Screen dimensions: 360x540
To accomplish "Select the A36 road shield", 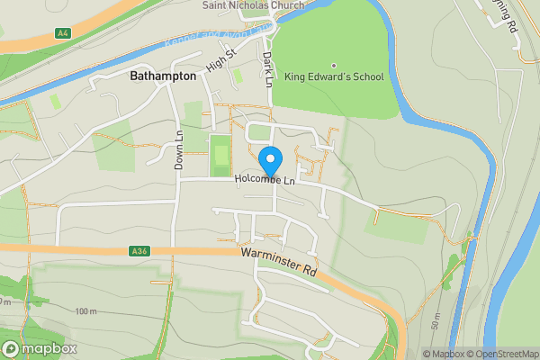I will [x=138, y=251].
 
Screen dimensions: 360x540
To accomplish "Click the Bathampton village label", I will [x=163, y=76].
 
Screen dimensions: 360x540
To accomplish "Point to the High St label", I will [x=219, y=61].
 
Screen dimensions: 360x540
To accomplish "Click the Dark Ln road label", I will [x=267, y=68].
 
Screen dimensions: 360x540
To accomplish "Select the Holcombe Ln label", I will [x=265, y=180].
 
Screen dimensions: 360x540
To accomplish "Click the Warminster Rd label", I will [x=280, y=264].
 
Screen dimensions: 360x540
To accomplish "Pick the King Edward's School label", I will [x=334, y=77].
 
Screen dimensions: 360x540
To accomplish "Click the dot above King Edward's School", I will [x=334, y=65].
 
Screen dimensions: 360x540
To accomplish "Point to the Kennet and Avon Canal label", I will [x=210, y=40].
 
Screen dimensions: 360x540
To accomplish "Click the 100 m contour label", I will [x=86, y=311].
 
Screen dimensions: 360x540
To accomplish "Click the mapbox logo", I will [x=40, y=348].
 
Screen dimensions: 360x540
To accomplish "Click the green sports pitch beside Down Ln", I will [x=220, y=156].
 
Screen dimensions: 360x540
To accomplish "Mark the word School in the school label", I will [x=366, y=77].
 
